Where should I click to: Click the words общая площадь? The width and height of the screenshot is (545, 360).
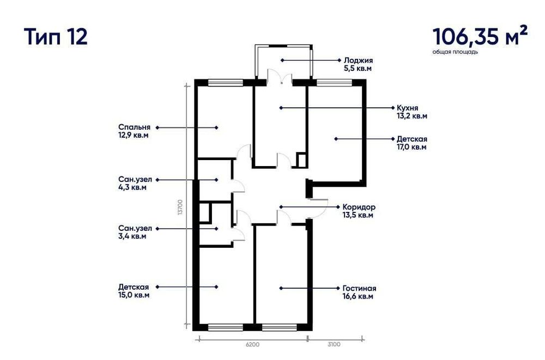455,52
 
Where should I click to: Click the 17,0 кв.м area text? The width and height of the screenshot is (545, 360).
411,147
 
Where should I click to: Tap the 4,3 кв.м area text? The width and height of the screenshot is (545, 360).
132,187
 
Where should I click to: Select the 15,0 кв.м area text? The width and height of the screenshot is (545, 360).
134,295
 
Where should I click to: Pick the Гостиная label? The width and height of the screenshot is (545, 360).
360,288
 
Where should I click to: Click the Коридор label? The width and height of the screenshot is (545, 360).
359,207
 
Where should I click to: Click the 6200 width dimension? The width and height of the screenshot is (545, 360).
252,344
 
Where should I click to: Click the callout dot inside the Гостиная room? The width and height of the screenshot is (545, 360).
281,288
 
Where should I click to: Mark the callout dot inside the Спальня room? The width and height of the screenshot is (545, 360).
216,127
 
